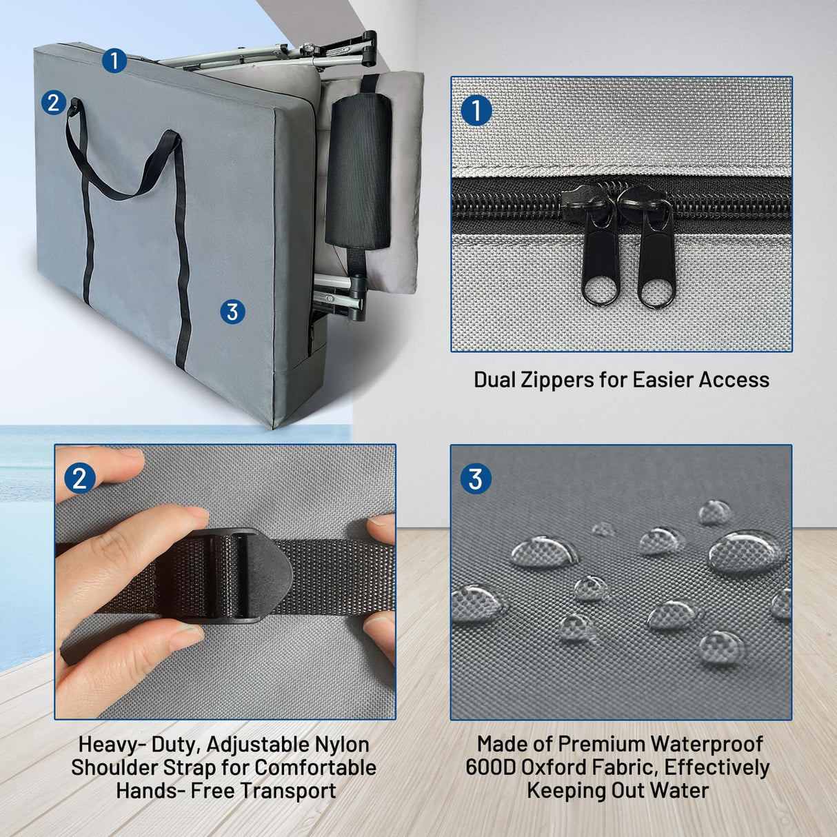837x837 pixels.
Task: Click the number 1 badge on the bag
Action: (x=114, y=61)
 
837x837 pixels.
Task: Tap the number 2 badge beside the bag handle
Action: (x=53, y=103)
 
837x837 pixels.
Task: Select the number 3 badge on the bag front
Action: (x=232, y=312)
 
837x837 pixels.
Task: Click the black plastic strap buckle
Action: (x=226, y=576)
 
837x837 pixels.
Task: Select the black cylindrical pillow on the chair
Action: (x=358, y=171)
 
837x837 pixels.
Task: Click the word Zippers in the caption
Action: (x=556, y=380)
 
